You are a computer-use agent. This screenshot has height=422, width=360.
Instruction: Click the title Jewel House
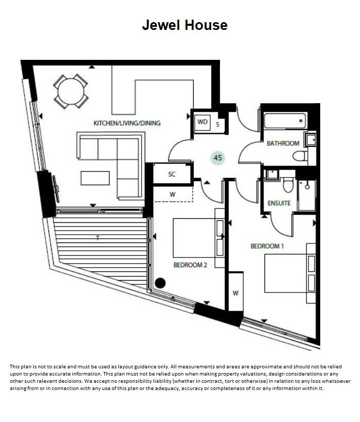tap(184, 25)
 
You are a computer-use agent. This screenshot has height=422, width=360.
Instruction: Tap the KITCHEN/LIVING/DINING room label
tap(127, 123)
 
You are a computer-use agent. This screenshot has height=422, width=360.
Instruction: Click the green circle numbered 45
tap(217, 158)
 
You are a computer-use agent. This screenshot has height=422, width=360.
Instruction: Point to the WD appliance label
tap(202, 122)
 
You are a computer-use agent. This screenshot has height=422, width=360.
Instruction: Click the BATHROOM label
tap(283, 143)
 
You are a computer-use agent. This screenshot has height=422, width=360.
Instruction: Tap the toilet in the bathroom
tap(300, 156)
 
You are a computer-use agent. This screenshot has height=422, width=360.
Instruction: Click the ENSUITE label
tap(279, 203)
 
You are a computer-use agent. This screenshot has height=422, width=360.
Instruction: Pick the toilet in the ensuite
tap(288, 184)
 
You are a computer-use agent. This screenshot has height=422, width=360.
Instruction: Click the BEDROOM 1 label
tap(267, 247)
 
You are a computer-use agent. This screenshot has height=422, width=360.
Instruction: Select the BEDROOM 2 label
tap(190, 265)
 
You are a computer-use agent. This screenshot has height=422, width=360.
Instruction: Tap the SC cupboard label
tap(172, 174)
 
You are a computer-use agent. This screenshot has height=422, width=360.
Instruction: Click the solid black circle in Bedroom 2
tap(160, 283)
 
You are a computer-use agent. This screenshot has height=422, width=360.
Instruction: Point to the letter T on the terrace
tap(97, 238)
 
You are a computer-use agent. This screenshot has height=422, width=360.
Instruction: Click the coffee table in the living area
tap(95, 177)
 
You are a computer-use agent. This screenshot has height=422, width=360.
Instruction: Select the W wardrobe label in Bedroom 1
tap(235, 293)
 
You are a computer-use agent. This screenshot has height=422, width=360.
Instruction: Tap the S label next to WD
tap(217, 124)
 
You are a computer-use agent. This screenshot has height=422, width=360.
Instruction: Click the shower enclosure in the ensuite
tap(306, 196)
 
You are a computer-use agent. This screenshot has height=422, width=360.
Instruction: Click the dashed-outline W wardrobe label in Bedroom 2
tap(172, 194)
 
